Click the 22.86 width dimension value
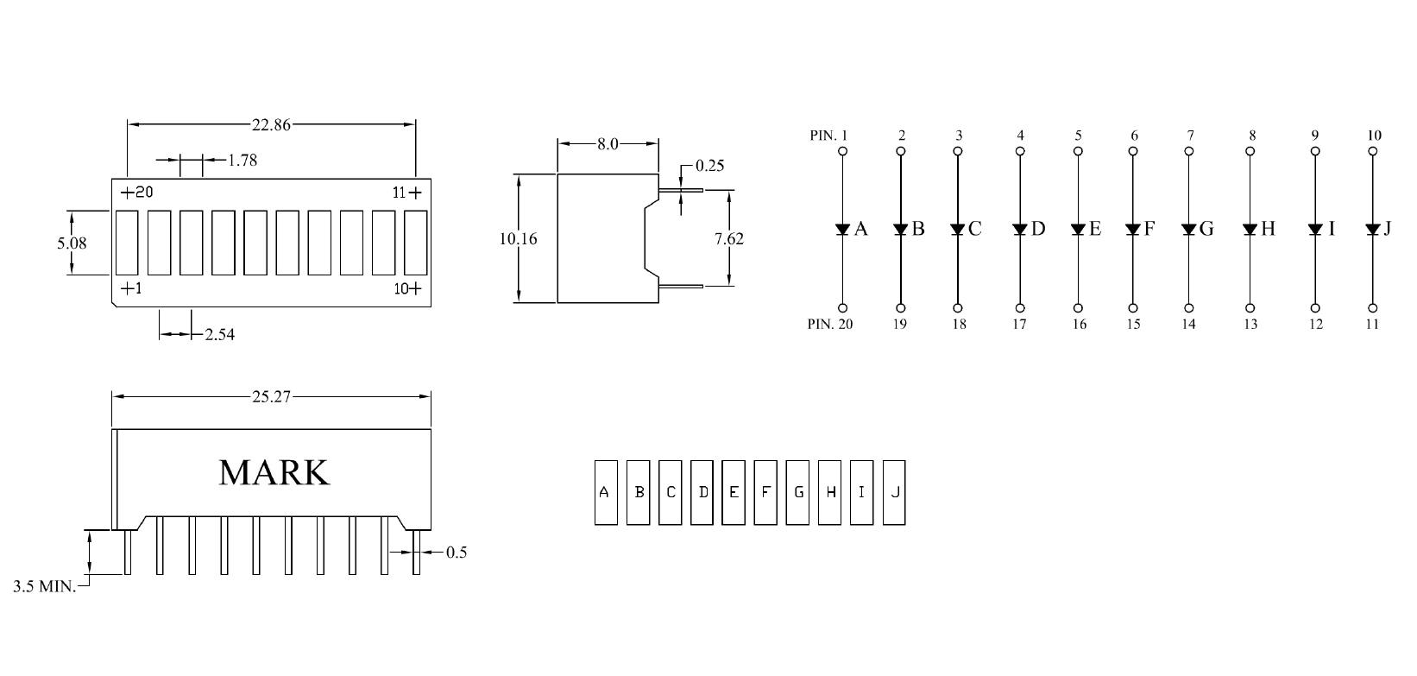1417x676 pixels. click(x=271, y=124)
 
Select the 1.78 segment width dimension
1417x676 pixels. click(x=242, y=160)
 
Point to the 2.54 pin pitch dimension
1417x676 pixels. click(x=219, y=334)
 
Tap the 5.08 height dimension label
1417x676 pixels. click(x=72, y=243)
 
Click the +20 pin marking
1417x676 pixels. click(x=136, y=193)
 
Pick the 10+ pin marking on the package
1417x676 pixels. click(x=408, y=289)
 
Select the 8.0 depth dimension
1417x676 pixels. click(x=608, y=143)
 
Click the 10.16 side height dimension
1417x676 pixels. click(x=518, y=238)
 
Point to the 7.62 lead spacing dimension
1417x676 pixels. click(x=729, y=238)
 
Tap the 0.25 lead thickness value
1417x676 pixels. click(x=709, y=165)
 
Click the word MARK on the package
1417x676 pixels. click(x=274, y=472)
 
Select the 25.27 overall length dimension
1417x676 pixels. click(x=271, y=397)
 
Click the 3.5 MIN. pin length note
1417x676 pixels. click(x=44, y=587)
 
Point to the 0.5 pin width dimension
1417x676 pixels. click(x=456, y=553)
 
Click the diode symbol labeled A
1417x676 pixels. click(x=842, y=229)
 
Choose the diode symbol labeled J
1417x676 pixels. click(x=1372, y=229)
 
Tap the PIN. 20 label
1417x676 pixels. click(x=829, y=325)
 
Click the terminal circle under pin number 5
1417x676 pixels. click(x=1078, y=151)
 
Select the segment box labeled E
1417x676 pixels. click(x=734, y=492)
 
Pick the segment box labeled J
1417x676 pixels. click(x=894, y=492)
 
